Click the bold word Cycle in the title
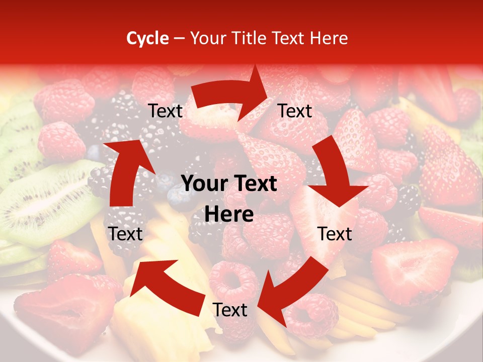pos(147,39)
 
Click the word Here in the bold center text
pos(229,214)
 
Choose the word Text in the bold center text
pos(255,184)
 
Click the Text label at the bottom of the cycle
pos(230,310)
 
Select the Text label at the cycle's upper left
pos(166,111)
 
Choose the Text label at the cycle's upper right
pos(295,111)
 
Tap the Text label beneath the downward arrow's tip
pos(335,234)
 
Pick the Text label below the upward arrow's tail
pos(126,234)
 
